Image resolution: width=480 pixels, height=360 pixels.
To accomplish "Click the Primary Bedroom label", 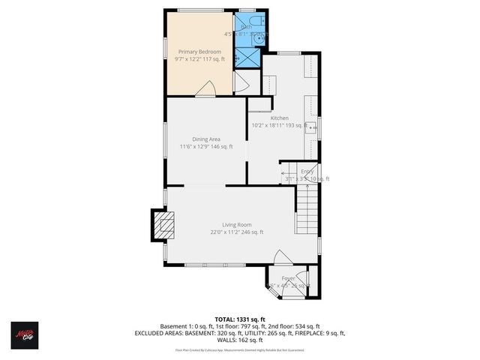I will [x=199, y=52].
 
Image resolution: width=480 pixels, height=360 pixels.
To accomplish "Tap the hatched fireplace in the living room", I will [x=163, y=224].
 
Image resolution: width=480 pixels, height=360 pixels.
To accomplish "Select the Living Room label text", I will [x=236, y=225].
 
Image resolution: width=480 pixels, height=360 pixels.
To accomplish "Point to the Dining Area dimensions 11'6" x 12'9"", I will [x=206, y=147].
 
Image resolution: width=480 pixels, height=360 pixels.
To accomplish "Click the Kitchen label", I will [x=280, y=118].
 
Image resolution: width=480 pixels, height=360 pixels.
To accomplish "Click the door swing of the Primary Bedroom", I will [x=205, y=89].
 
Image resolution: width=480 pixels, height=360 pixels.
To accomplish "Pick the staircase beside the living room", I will [x=306, y=210].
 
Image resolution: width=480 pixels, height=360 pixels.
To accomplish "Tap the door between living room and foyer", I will [x=282, y=259].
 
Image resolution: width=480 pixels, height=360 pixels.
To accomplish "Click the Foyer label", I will [x=289, y=278].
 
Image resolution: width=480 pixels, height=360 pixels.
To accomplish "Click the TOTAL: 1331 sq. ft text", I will [x=239, y=318].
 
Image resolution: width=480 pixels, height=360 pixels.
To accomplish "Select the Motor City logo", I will [x=24, y=333].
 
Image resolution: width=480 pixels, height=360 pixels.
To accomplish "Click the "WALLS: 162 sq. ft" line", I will [x=239, y=341].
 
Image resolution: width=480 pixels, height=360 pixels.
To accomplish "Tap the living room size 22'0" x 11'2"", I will [x=236, y=232].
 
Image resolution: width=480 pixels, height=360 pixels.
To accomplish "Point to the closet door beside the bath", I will [x=241, y=82].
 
